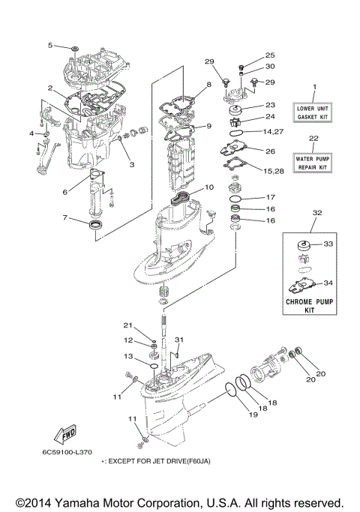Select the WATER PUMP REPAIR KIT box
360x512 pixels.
tap(314, 163)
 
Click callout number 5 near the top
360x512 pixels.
tap(52, 46)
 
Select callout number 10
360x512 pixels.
tap(209, 187)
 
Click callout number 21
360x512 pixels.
tap(127, 325)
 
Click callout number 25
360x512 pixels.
tap(270, 55)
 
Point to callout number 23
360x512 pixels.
tap(270, 105)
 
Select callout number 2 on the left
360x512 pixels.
tap(49, 88)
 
